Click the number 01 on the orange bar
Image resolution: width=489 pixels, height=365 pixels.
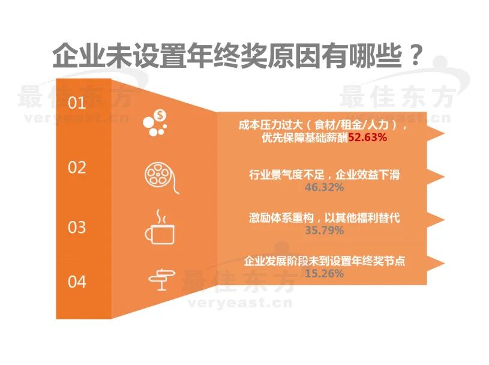coord(77,103)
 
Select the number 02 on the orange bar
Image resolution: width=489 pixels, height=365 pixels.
coord(77,167)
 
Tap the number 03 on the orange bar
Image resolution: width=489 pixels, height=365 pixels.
coord(77,228)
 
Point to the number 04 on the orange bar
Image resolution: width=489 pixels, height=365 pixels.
coord(77,281)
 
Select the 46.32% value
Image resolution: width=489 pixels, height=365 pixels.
coord(324,188)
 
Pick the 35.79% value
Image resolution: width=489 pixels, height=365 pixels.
coord(324,230)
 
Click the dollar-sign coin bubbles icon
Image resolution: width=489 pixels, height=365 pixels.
coord(157,122)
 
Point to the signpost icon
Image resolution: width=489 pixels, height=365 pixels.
coord(163,279)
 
